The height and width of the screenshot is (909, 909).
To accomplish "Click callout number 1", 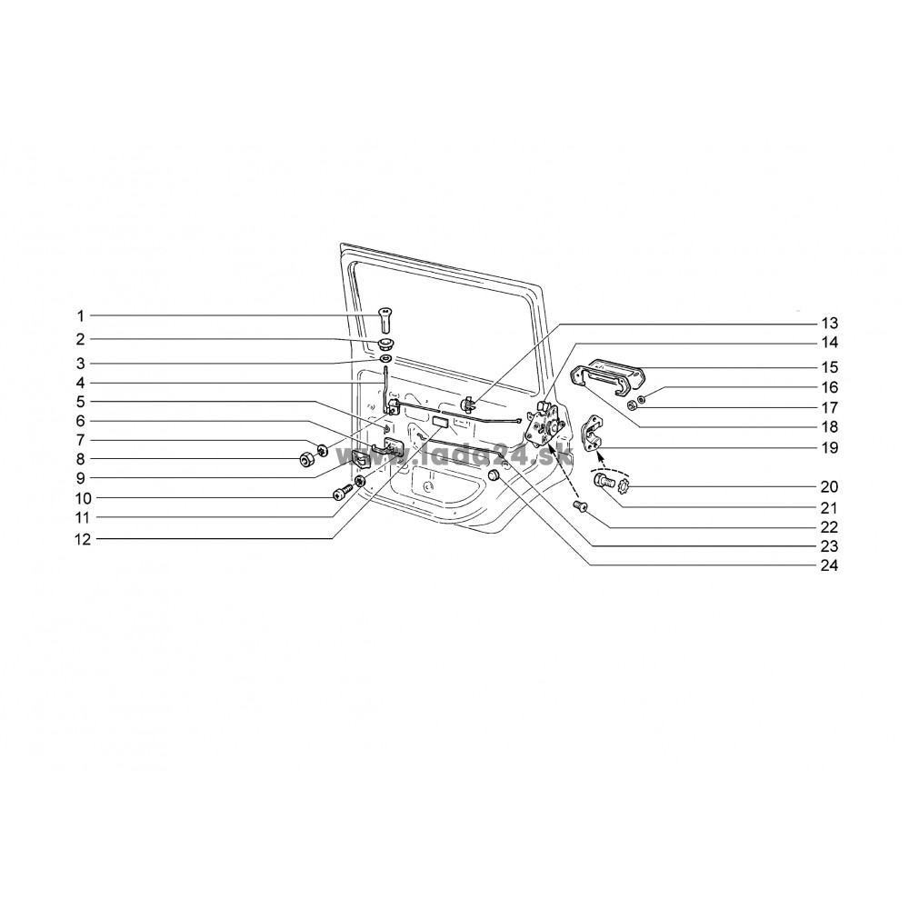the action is pos(81,316).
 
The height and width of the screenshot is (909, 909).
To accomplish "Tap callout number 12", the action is pos(83,540).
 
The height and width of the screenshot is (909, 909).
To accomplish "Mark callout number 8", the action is pos(81,459).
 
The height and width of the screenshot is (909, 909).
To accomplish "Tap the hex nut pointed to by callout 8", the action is pos(305,460).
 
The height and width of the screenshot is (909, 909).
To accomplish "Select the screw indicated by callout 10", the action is pos(341,492).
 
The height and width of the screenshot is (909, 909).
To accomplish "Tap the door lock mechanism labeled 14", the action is pos(544,425).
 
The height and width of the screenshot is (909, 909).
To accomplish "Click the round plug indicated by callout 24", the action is pos(494,476).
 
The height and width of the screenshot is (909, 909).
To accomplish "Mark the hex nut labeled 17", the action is pos(634,407).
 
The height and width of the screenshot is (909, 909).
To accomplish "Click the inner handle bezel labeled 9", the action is pos(360,459).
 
